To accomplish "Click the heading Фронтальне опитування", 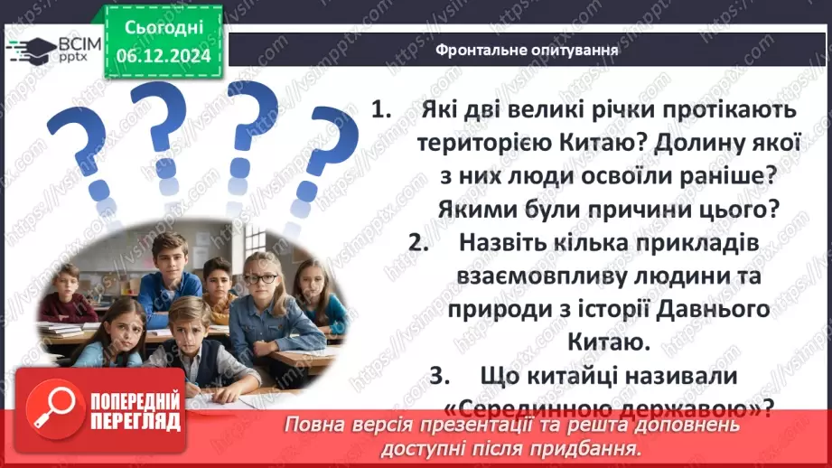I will click(527, 50).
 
